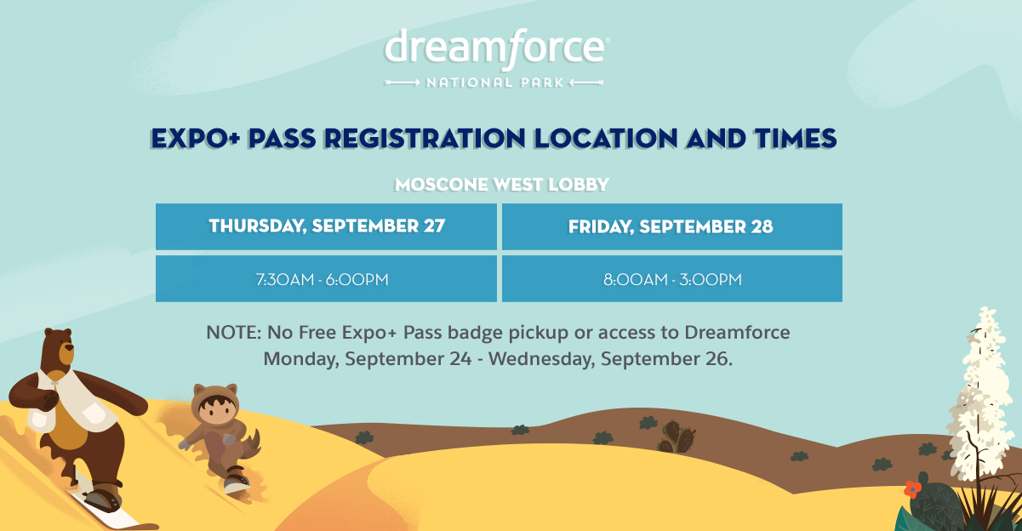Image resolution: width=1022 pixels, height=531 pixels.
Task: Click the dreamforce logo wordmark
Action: pos(496,48)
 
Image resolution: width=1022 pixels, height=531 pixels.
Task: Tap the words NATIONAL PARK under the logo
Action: pos(495,83)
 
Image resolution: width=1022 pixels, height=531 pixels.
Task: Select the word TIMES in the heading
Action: pos(796,138)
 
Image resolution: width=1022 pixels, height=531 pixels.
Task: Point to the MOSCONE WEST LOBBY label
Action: pos(501,185)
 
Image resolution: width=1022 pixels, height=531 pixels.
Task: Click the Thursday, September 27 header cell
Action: pos(326,226)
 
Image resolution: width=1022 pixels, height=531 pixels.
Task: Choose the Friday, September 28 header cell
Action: pos(672,226)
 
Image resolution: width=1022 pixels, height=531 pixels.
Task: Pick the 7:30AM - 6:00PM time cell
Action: pos(326,279)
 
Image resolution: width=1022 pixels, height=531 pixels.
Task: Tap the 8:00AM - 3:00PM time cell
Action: pos(672,279)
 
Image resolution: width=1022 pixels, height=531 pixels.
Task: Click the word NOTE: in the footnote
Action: pos(234,333)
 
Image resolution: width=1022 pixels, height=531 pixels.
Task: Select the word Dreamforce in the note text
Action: pos(737,333)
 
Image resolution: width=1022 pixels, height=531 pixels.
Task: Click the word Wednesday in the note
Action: pos(541,358)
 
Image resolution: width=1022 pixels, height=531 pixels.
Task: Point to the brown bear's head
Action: pos(58,346)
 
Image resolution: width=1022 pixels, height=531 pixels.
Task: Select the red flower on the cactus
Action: pos(912,489)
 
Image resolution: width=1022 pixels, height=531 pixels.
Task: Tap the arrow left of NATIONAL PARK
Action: pos(402,83)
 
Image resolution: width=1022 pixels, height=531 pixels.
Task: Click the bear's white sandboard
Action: pos(105,506)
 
